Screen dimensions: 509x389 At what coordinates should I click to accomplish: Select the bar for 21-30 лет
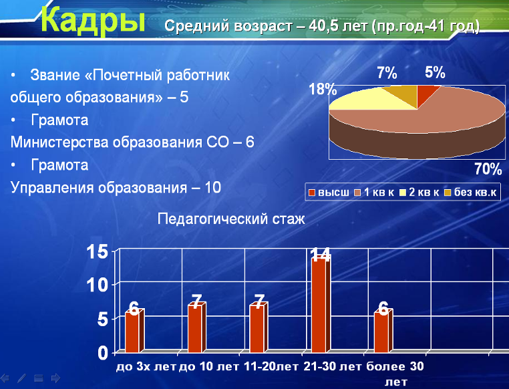[x=321, y=304]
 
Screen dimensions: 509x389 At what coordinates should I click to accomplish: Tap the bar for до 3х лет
[x=134, y=331]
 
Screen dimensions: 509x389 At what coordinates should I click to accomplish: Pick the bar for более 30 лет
[x=383, y=331]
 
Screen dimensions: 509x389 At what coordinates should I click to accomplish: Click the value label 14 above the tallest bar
[x=321, y=254]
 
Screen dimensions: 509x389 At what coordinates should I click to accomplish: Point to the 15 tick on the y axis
[x=97, y=251]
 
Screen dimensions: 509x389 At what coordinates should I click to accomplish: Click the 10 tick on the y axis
[x=97, y=285]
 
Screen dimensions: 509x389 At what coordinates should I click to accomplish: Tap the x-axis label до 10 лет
[x=208, y=366]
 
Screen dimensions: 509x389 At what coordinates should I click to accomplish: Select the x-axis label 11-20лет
[x=271, y=366]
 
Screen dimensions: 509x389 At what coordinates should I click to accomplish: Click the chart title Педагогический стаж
[x=231, y=219]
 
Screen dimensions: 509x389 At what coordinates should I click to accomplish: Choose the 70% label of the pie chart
[x=488, y=169]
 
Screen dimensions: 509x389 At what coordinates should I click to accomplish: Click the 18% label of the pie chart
[x=323, y=89]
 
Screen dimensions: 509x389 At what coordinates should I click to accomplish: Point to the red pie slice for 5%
[x=426, y=94]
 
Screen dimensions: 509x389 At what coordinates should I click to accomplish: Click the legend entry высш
[x=329, y=192]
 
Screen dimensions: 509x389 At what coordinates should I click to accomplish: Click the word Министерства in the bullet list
[x=59, y=142]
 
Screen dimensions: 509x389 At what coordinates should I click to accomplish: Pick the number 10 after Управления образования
[x=212, y=187]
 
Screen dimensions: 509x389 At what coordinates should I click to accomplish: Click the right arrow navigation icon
[x=56, y=378]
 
